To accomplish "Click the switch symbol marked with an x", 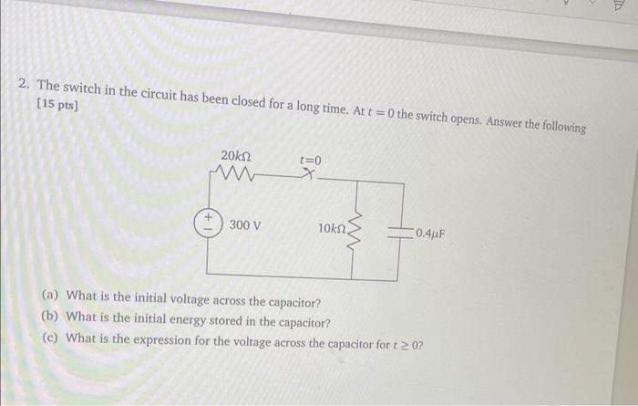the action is click(x=311, y=179).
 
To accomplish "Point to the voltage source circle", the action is click(x=208, y=224).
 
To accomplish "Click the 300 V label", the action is click(x=246, y=224).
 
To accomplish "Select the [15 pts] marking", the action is click(x=57, y=106).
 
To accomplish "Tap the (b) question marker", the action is click(x=52, y=317).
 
